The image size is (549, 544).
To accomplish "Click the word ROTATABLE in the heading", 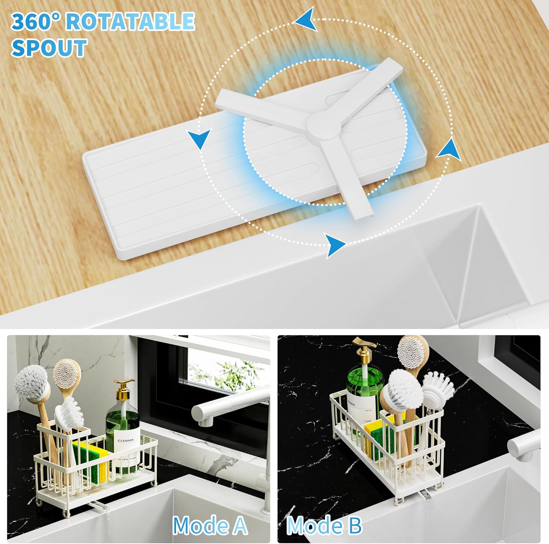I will click(130, 21).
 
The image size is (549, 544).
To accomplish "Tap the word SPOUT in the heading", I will click(49, 48).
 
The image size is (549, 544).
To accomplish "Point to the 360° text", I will click(36, 21).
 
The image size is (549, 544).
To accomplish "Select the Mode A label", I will click(210, 526).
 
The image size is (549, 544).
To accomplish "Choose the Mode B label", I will click(324, 526).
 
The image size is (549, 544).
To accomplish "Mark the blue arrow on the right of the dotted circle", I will click(448, 149).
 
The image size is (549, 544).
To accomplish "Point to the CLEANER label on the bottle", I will click(125, 440).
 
